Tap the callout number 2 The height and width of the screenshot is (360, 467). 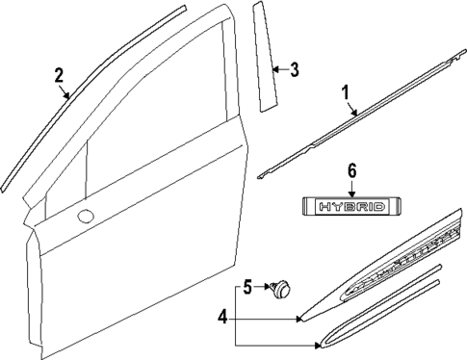point(59,74)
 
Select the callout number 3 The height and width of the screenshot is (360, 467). point(295,68)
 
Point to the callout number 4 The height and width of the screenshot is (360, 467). point(222,316)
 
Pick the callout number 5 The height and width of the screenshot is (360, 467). point(246,286)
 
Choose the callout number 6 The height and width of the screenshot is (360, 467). point(351,169)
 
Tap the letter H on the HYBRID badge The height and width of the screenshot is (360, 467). point(324,206)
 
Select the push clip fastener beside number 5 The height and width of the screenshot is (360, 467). point(283,286)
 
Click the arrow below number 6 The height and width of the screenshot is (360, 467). point(351,185)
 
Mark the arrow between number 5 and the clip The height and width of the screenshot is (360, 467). point(262,286)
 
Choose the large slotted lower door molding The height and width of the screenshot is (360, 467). point(385,274)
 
